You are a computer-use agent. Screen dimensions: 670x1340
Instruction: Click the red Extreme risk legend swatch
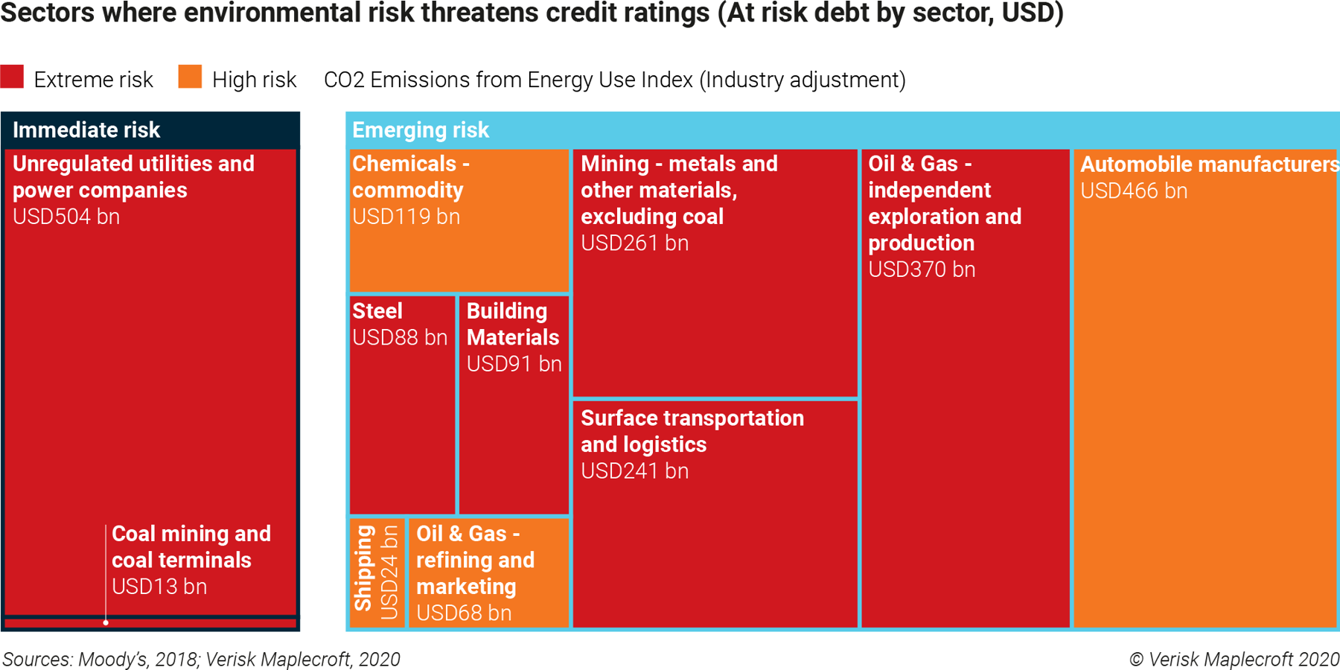pyautogui.click(x=12, y=77)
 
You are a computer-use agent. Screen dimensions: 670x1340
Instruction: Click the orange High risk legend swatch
pyautogui.click(x=190, y=77)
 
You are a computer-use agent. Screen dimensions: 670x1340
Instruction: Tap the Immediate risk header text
pyautogui.click(x=86, y=130)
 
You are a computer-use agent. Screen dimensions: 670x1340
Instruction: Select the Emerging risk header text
pyautogui.click(x=421, y=130)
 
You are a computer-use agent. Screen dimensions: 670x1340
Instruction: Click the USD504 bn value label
pyautogui.click(x=66, y=217)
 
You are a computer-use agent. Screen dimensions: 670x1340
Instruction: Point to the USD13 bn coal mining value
pyautogui.click(x=159, y=587)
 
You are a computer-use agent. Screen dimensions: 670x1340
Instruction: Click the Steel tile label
pyautogui.click(x=377, y=311)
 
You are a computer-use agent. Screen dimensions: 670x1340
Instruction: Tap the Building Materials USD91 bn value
pyautogui.click(x=514, y=364)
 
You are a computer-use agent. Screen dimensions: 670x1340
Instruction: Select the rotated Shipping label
pyautogui.click(x=363, y=568)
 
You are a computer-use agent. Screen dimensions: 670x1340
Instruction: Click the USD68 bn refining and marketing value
pyautogui.click(x=464, y=613)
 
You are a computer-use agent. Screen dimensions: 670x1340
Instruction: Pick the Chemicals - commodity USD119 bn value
pyautogui.click(x=406, y=217)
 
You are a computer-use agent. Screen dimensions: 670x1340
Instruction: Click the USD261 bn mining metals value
pyautogui.click(x=634, y=243)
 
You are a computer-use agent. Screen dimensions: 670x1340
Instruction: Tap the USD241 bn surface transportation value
pyautogui.click(x=634, y=471)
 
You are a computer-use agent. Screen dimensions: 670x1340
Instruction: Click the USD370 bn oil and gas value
pyautogui.click(x=922, y=269)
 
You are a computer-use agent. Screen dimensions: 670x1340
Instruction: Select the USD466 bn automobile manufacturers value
pyautogui.click(x=1134, y=191)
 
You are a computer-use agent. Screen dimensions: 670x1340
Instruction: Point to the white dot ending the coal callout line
pyautogui.click(x=106, y=622)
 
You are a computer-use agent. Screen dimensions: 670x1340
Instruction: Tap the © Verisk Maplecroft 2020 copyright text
pyautogui.click(x=1234, y=660)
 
